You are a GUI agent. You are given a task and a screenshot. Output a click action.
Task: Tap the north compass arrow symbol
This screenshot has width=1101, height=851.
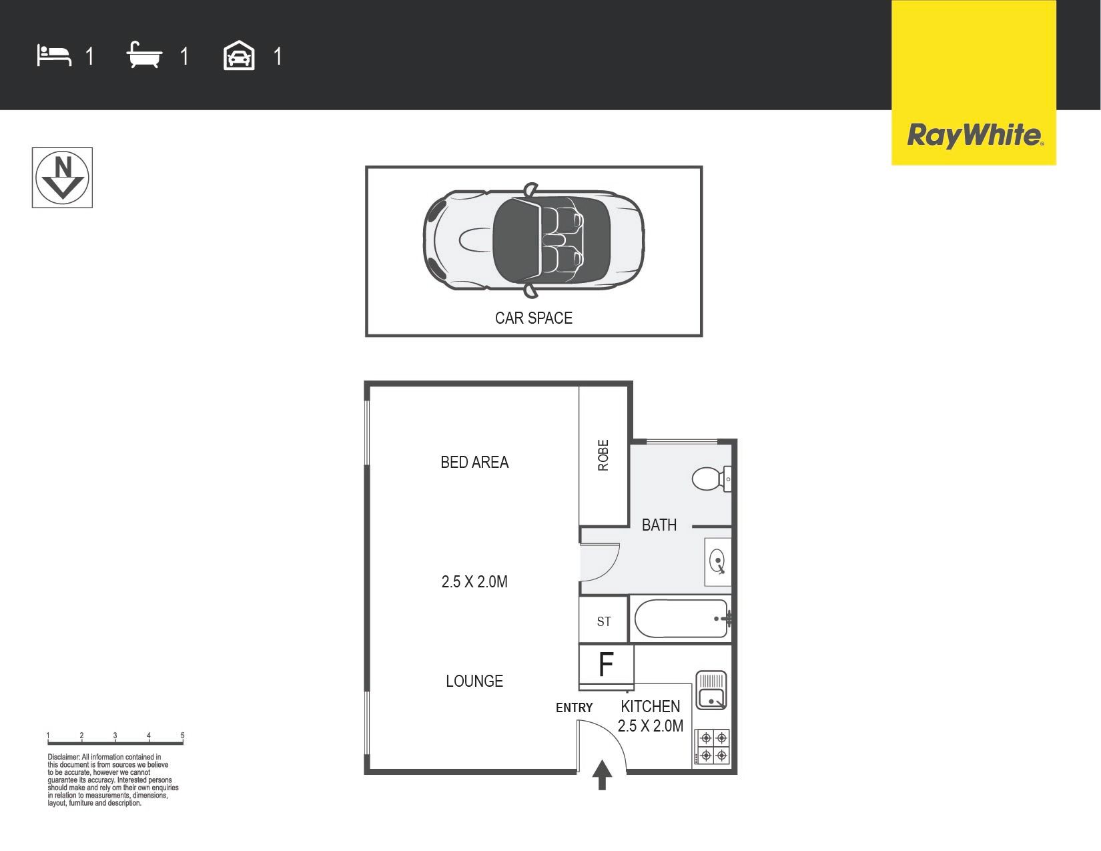(x=62, y=178)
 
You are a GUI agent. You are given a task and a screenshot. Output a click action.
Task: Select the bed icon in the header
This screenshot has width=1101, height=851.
(x=54, y=55)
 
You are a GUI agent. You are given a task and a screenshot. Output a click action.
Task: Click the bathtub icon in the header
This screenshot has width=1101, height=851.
(x=144, y=55)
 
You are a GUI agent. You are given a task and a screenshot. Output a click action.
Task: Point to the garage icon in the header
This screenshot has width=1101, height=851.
(x=239, y=55)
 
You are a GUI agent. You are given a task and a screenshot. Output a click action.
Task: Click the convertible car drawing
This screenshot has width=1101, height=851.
(x=534, y=239)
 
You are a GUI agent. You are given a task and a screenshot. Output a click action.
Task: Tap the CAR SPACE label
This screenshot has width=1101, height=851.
(x=534, y=318)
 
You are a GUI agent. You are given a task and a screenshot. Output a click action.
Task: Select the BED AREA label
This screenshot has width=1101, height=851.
(x=474, y=463)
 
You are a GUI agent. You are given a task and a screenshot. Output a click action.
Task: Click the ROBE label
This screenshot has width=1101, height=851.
(x=603, y=455)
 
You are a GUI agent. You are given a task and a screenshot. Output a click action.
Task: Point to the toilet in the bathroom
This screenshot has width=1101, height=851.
(x=711, y=479)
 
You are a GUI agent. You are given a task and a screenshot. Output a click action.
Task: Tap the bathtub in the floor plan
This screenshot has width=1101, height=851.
(x=681, y=619)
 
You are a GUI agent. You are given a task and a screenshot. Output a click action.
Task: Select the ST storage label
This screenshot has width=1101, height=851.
(x=603, y=622)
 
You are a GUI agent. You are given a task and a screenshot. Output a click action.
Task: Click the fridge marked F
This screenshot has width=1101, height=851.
(x=606, y=665)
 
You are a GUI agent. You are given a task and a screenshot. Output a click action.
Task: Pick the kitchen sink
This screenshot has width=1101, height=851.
(x=711, y=690)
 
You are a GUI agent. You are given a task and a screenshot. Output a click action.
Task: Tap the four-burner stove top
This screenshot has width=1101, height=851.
(x=713, y=746)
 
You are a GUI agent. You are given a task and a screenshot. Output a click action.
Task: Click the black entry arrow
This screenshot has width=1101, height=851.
(x=602, y=775)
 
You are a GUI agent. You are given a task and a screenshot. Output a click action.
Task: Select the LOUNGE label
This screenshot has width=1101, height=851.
(x=474, y=681)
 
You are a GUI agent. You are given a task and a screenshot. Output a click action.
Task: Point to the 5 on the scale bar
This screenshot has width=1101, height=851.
(x=182, y=736)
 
